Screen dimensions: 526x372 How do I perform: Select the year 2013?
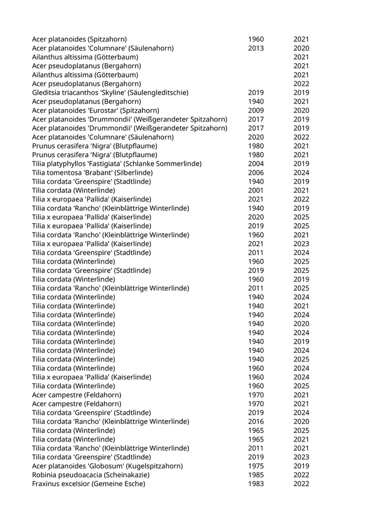pyautogui.click(x=256, y=48)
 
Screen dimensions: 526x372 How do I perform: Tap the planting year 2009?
pyautogui.click(x=256, y=111)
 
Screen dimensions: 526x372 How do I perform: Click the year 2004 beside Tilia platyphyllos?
pyautogui.click(x=256, y=164)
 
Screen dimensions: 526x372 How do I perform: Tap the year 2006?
pyautogui.click(x=256, y=173)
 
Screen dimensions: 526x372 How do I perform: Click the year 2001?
pyautogui.click(x=256, y=190)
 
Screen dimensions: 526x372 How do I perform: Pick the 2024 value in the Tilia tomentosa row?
pyautogui.click(x=301, y=173)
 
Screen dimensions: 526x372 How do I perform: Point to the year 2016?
pyautogui.click(x=256, y=421)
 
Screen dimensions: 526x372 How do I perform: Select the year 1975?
pyautogui.click(x=256, y=466)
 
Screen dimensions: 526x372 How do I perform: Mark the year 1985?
pyautogui.click(x=256, y=475)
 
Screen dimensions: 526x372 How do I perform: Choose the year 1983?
pyautogui.click(x=256, y=483)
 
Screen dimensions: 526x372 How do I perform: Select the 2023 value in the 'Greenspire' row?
pyautogui.click(x=301, y=457)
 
